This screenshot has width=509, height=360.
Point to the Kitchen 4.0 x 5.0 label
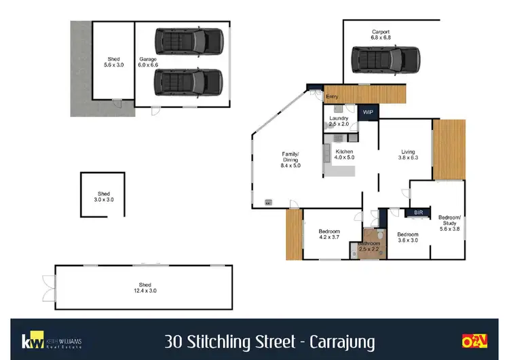(344, 154)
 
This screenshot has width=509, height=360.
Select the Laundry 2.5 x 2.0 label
(338, 122)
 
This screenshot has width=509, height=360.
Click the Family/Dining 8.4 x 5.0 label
(290, 160)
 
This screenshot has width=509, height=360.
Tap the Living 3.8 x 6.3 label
(408, 155)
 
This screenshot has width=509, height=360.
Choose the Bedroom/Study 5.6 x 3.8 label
(449, 223)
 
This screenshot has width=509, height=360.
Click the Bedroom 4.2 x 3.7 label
(328, 235)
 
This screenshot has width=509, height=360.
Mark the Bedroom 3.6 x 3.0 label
(407, 238)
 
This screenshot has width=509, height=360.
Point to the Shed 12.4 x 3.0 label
(143, 288)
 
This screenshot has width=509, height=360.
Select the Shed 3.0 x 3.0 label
(103, 196)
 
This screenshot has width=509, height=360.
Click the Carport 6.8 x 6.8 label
(380, 35)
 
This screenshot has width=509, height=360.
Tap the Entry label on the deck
(332, 97)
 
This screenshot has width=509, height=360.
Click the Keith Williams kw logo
(30, 340)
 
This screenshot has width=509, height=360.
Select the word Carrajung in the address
(341, 339)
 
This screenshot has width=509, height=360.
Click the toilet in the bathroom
(381, 236)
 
